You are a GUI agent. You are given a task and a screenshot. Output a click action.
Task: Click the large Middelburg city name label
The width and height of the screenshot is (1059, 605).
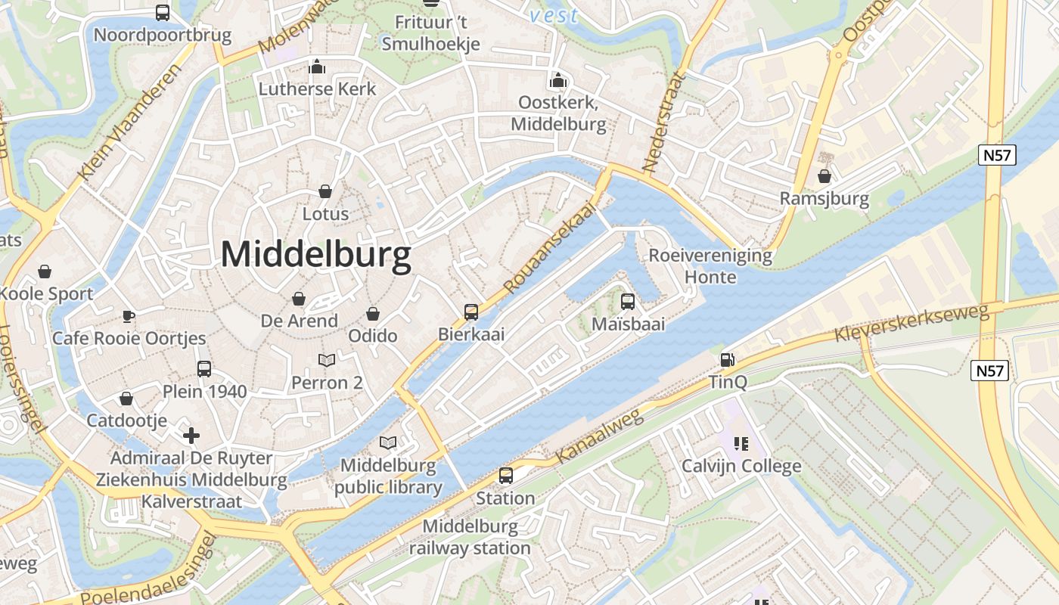pyautogui.click(x=316, y=255)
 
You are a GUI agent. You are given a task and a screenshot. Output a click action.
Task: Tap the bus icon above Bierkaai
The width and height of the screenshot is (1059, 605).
pyautogui.click(x=471, y=312)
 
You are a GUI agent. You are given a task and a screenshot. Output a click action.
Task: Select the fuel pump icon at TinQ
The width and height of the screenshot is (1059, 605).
pyautogui.click(x=727, y=360)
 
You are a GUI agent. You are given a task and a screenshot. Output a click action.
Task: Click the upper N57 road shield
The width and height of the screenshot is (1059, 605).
pyautogui.click(x=998, y=156)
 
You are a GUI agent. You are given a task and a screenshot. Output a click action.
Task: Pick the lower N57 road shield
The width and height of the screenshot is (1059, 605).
pyautogui.click(x=990, y=371)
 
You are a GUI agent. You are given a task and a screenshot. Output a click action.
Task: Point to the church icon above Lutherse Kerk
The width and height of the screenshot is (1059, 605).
pyautogui.click(x=317, y=67)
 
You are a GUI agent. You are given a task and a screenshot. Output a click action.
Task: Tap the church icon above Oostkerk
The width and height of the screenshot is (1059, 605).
pyautogui.click(x=558, y=80)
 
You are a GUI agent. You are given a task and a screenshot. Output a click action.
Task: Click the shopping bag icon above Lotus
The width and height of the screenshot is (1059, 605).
pyautogui.click(x=325, y=191)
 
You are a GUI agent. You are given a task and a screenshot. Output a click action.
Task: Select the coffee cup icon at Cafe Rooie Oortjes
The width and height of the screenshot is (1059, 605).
pyautogui.click(x=129, y=316)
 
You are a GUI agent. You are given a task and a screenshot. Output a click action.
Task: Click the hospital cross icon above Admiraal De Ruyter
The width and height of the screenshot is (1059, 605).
pyautogui.click(x=191, y=435)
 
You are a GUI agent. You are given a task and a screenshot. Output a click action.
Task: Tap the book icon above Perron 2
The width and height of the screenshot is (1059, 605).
pyautogui.click(x=327, y=360)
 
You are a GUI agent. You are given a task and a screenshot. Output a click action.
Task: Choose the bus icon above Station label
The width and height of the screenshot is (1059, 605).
pyautogui.click(x=505, y=476)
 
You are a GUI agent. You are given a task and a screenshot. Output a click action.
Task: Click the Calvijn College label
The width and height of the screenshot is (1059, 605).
pyautogui.click(x=741, y=466)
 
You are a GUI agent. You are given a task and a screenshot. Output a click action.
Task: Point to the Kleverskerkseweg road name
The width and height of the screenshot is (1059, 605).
pyautogui.click(x=911, y=323)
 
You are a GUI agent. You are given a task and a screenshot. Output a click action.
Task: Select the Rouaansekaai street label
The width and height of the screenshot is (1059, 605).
pyautogui.click(x=549, y=248)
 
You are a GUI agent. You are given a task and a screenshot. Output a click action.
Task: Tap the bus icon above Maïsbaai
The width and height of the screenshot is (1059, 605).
pyautogui.click(x=628, y=302)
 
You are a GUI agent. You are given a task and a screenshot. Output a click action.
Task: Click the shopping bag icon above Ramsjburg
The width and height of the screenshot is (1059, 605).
pyautogui.click(x=825, y=177)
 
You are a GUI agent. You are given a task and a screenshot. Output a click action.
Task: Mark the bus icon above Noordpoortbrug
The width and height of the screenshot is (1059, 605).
pyautogui.click(x=163, y=12)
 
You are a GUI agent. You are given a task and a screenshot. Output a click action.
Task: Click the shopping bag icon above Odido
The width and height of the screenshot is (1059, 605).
pyautogui.click(x=373, y=313)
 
